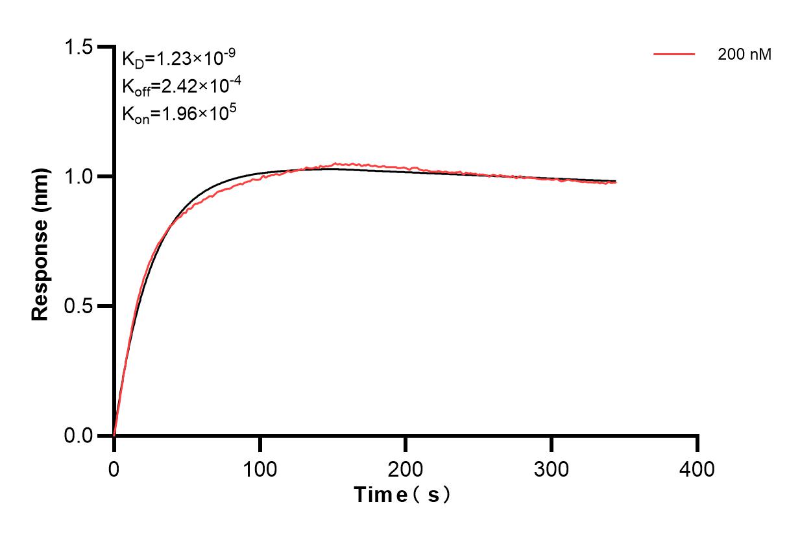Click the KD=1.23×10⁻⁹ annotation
click(x=178, y=58)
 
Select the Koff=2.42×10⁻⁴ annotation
click(x=178, y=86)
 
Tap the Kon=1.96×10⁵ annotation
click(x=178, y=114)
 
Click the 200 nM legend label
click(x=744, y=55)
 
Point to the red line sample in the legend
click(x=674, y=54)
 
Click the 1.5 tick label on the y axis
click(x=78, y=47)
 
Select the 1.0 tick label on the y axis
click(x=78, y=176)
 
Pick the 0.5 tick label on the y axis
click(x=78, y=306)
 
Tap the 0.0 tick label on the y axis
click(x=78, y=435)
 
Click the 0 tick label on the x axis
click(x=114, y=468)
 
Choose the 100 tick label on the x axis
click(x=260, y=468)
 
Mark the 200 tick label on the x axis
click(x=406, y=468)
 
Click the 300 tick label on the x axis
click(x=552, y=468)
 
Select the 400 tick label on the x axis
click(x=697, y=468)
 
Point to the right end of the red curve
click(x=615, y=182)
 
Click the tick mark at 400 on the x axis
click(x=697, y=444)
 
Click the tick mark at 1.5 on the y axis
click(x=104, y=47)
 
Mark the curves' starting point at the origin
click(x=114, y=434)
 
